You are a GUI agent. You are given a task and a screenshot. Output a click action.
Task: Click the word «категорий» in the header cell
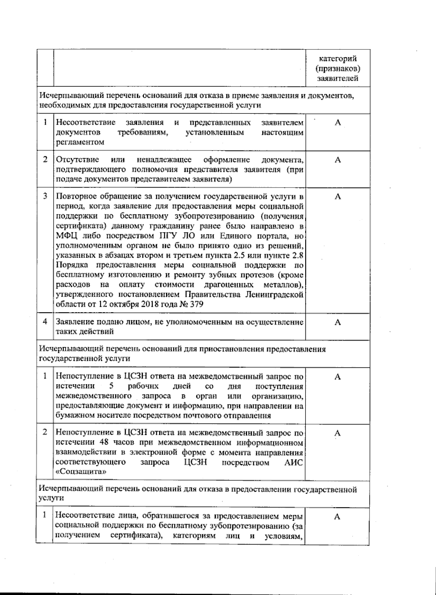(x=338, y=59)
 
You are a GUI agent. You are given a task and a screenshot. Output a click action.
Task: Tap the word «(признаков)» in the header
(x=338, y=68)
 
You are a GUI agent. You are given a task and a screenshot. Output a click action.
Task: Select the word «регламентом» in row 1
(x=80, y=142)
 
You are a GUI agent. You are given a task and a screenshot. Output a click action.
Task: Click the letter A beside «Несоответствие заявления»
(x=338, y=122)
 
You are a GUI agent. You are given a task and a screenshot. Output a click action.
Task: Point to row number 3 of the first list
(x=45, y=196)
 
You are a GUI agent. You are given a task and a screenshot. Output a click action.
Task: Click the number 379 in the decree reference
(x=197, y=304)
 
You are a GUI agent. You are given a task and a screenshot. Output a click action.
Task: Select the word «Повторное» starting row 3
(x=77, y=197)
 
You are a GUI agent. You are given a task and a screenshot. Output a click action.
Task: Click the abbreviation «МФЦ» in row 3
(x=65, y=236)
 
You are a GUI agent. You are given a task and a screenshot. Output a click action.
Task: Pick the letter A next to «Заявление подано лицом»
(x=338, y=322)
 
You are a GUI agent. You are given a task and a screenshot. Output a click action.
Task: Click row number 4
(x=45, y=322)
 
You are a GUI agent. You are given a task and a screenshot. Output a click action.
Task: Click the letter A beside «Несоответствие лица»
(x=337, y=516)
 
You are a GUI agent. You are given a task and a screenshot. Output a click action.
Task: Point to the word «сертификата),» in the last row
(x=137, y=536)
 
